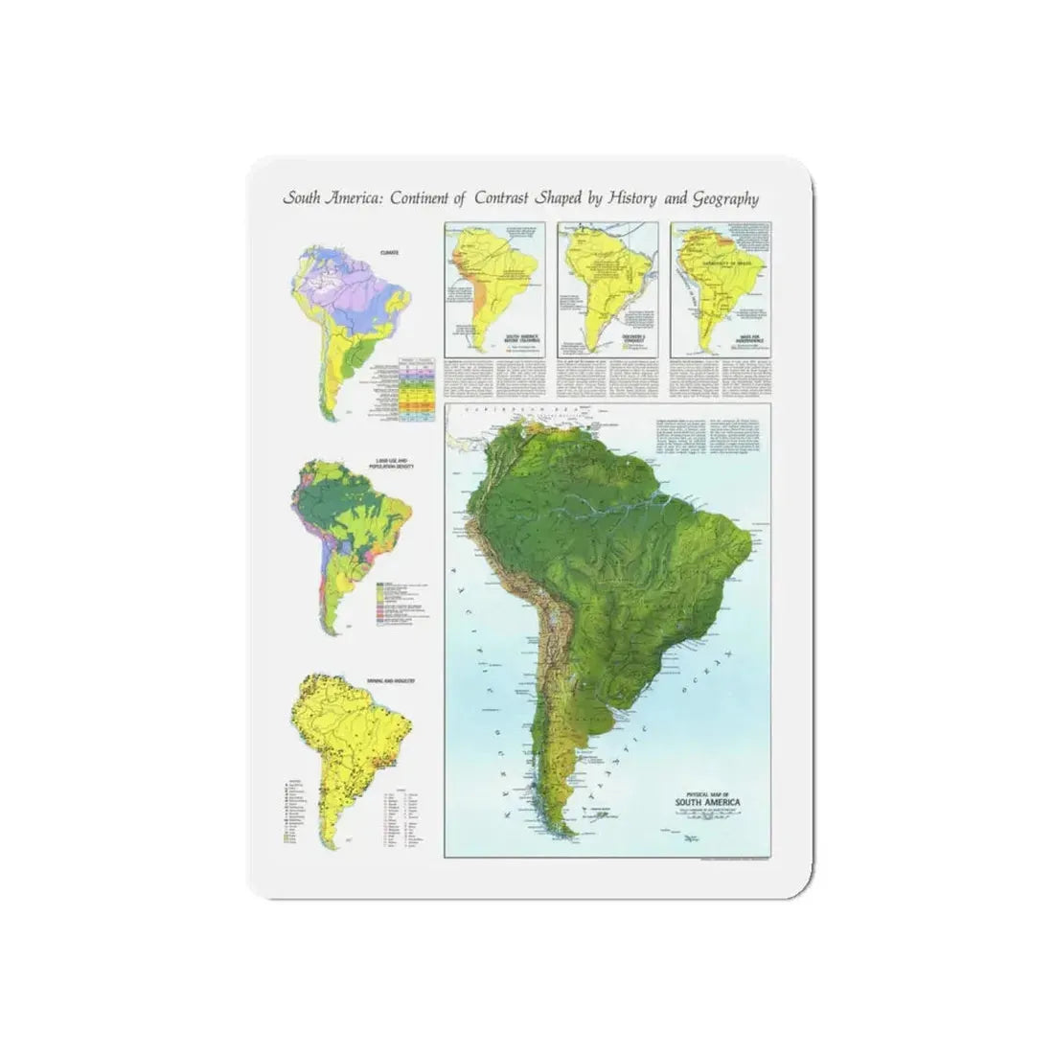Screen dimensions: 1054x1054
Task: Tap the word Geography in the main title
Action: (725, 199)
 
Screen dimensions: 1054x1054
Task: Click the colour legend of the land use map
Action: (402, 599)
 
